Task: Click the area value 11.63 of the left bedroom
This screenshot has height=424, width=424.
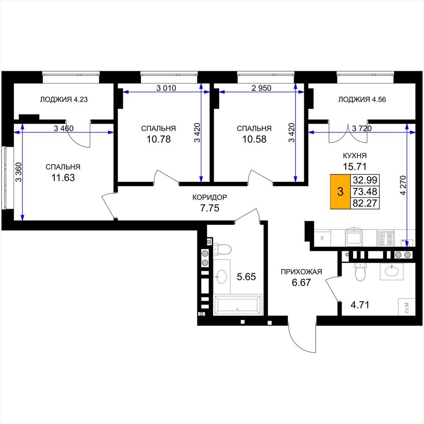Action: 63,178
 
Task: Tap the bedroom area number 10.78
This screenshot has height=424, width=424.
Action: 159,139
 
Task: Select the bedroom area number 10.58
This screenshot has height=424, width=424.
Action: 254,139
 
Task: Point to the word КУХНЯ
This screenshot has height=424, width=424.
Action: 354,156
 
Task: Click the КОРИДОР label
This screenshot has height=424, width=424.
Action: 210,198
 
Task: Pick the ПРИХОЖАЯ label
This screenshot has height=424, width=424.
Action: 301,272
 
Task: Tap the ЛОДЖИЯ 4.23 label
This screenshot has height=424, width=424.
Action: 64,99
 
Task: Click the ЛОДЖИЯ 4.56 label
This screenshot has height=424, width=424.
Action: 362,99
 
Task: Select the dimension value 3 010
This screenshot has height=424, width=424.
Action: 166,88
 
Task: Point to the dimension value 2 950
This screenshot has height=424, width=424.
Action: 262,88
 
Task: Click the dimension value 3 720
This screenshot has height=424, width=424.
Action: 362,128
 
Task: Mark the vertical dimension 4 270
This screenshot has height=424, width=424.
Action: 403,185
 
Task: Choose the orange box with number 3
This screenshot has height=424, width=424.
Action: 340,191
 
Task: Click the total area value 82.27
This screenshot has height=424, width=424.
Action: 365,203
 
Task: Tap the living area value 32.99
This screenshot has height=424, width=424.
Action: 365,180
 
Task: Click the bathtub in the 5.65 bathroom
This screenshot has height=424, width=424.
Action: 238,305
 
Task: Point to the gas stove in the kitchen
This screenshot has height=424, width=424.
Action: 385,238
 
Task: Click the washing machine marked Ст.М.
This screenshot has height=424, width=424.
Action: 407,307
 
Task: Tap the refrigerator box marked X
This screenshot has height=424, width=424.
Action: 322,238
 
